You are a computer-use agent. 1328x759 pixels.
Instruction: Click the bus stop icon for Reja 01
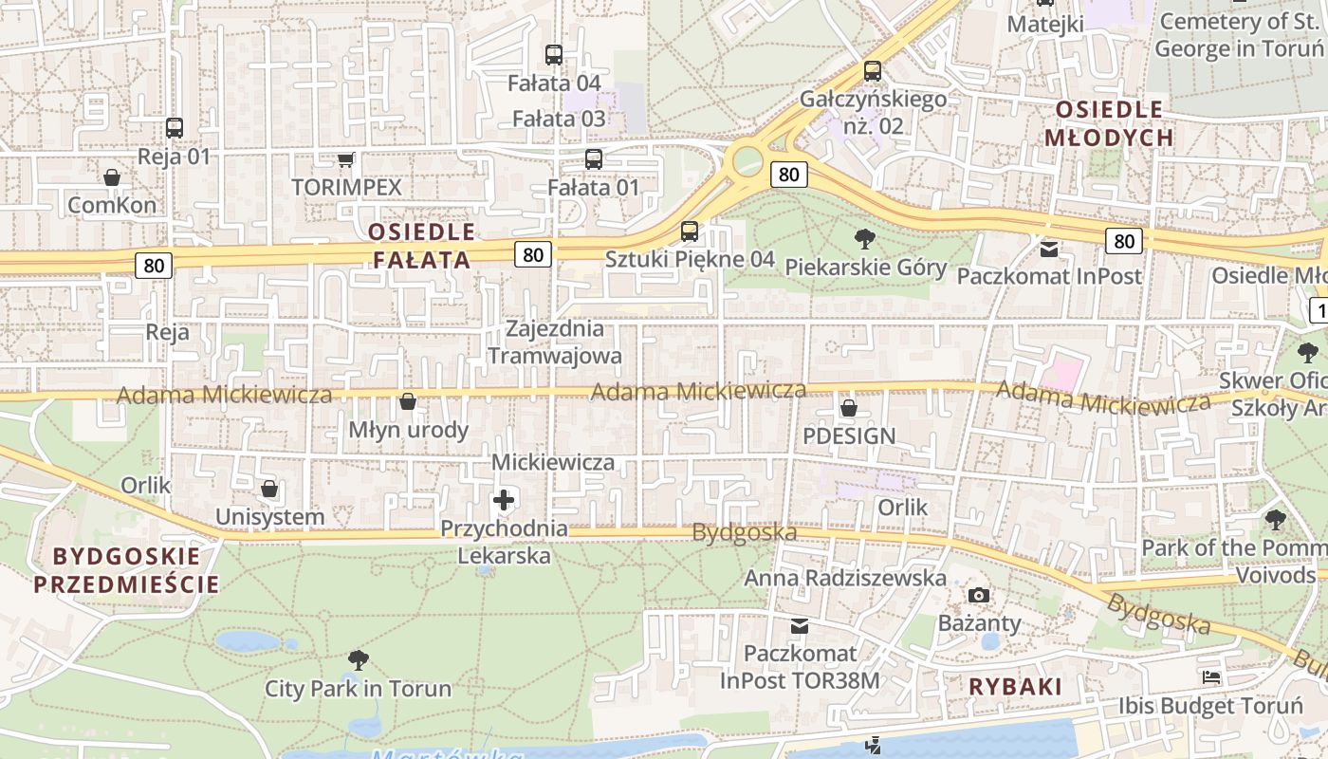[174, 127]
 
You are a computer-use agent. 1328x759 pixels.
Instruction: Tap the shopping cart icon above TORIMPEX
[346, 159]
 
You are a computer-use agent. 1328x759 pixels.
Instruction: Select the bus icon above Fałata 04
[554, 55]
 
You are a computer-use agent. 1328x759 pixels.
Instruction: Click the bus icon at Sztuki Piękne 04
[690, 231]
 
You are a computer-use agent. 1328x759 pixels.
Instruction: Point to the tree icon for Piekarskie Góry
[864, 238]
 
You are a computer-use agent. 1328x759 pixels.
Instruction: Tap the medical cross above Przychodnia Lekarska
[504, 500]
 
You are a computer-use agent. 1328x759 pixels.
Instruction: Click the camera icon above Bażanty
[979, 595]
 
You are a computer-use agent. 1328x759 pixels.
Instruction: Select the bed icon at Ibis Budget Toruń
[1211, 677]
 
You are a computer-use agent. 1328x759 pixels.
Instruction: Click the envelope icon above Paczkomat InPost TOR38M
[800, 626]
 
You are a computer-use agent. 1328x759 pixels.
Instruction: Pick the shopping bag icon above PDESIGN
[848, 408]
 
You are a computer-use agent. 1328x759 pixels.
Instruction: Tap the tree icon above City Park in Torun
[358, 659]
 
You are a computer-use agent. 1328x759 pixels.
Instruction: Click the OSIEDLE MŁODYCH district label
[1109, 123]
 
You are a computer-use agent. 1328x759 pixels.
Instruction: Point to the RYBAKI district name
[1015, 687]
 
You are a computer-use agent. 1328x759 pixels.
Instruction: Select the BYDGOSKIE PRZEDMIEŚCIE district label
[126, 570]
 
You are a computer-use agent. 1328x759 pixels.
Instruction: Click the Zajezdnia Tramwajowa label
[555, 342]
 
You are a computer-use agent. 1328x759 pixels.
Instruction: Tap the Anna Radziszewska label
[844, 578]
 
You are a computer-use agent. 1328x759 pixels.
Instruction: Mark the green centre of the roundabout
[747, 160]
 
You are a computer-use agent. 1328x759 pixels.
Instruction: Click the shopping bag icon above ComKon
[112, 177]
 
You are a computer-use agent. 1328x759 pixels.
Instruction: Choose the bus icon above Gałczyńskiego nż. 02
[873, 70]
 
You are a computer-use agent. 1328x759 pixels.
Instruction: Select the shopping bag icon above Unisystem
[269, 489]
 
